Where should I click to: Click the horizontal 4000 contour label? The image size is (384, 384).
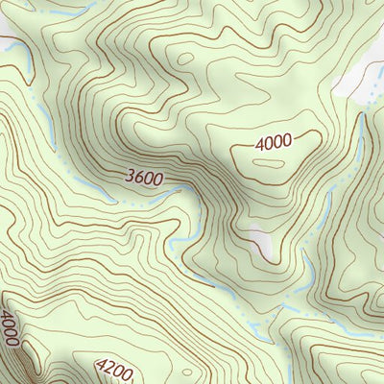(x=274, y=142)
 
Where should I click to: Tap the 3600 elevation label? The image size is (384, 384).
(x=144, y=179)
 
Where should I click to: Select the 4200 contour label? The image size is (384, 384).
(x=114, y=367)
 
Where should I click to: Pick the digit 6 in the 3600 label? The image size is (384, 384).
(x=139, y=177)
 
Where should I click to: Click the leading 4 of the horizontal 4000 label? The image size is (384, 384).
(x=260, y=143)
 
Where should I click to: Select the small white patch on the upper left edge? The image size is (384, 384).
(x=8, y=42)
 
